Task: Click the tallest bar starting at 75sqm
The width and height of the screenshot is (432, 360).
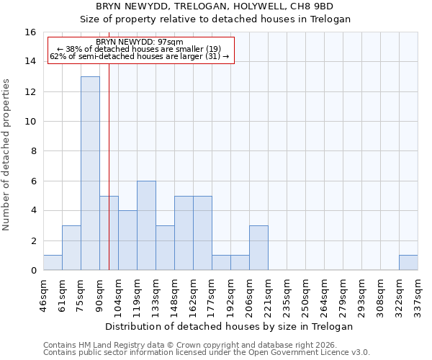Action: point(90,173)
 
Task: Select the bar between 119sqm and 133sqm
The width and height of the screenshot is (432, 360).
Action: point(146,225)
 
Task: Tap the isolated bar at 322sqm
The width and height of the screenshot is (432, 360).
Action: point(408,263)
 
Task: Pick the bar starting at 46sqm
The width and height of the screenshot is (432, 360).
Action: point(53,263)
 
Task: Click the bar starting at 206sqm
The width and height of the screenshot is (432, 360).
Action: point(258,248)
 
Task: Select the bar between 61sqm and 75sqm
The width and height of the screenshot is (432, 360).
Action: point(71,248)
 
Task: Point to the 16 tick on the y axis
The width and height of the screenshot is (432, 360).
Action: point(30,32)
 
